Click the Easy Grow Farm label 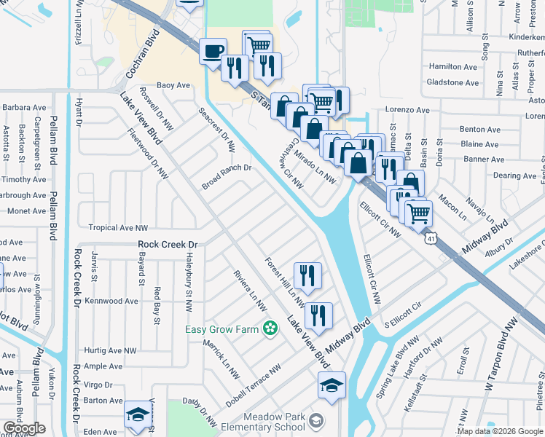(x=222, y=330)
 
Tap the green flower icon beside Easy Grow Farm (x=271, y=329)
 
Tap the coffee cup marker (x=213, y=51)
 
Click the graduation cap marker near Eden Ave (x=137, y=415)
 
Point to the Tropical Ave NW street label (x=117, y=228)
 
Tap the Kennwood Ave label (x=111, y=301)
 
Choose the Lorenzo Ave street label (x=407, y=110)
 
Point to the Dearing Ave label (x=514, y=176)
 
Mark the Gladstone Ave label (x=452, y=82)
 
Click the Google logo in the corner (x=24, y=429)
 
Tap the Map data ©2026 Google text (x=500, y=431)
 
